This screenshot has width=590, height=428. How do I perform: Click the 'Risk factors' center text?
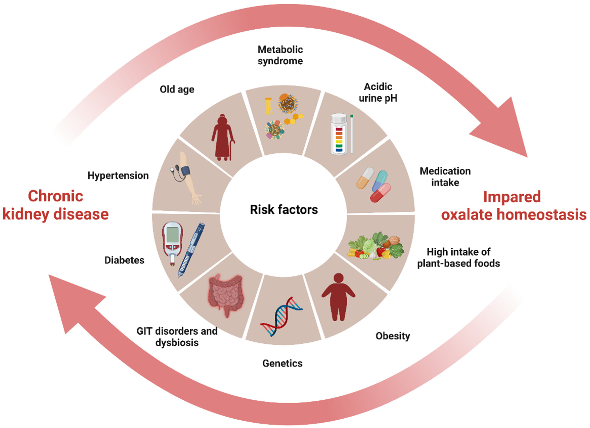point(283,210)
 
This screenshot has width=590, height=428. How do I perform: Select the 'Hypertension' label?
point(118,176)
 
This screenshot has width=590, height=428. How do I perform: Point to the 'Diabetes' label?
point(124,260)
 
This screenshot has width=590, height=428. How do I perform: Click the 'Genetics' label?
point(282,363)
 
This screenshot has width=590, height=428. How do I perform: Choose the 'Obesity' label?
point(392,336)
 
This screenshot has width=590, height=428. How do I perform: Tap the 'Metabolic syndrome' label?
point(280,55)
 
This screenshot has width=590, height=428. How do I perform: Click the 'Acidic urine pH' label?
point(378,92)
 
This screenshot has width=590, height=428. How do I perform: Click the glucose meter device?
point(172,242)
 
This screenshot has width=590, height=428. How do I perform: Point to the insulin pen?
point(191,250)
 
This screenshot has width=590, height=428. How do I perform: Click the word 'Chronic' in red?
point(55,196)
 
